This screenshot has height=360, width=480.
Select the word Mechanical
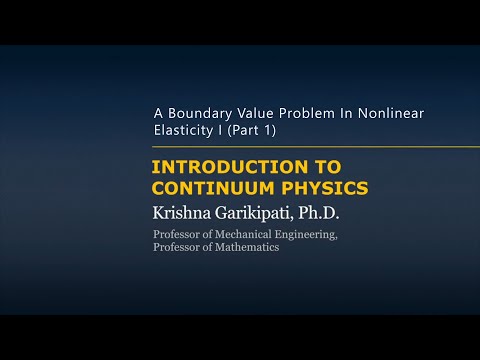coord(237,235)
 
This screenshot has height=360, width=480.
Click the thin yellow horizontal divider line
coord(300,147)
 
